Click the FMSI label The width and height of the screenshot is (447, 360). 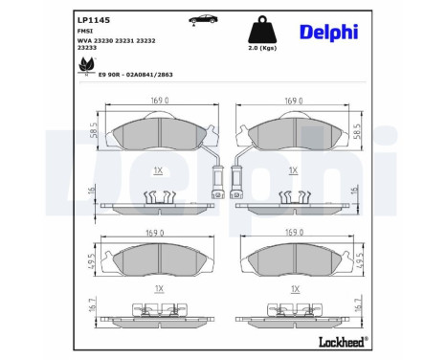point(84,31)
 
